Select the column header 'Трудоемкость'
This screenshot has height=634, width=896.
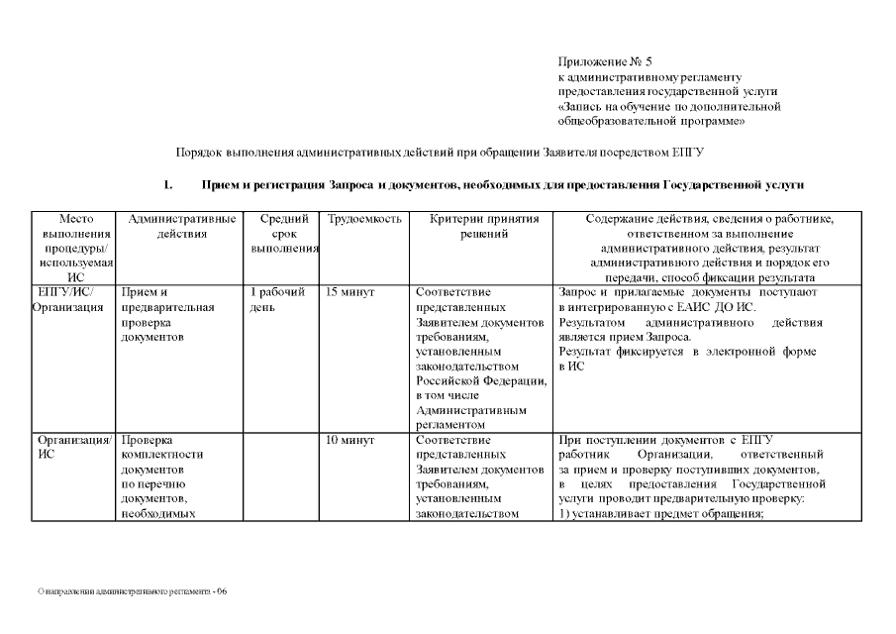coord(363,219)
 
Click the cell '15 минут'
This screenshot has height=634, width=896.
coord(349,293)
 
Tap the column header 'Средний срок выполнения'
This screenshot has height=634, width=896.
coord(283,234)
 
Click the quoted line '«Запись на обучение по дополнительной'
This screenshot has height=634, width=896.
coord(670,106)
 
